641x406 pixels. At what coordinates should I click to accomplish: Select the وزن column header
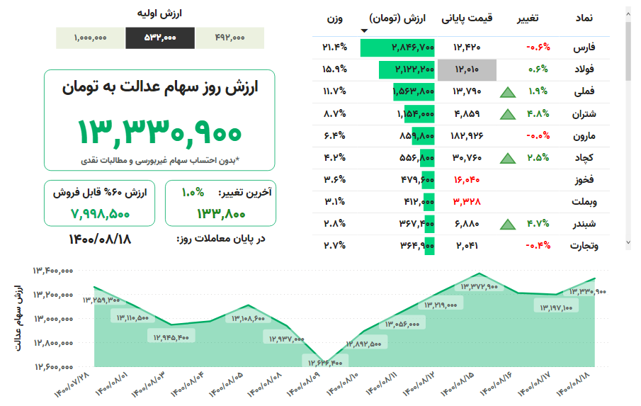pos(334,18)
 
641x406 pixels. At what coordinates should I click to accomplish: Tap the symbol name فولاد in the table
pos(584,69)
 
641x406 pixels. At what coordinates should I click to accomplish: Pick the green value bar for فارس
pos(397,47)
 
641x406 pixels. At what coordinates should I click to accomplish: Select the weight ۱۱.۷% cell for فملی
pos(334,91)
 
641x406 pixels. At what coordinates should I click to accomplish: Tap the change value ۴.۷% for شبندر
pos(538,224)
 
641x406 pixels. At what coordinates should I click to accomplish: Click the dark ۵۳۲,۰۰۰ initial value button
pos(160,38)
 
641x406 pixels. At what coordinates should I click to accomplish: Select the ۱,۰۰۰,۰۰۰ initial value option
pos(90,38)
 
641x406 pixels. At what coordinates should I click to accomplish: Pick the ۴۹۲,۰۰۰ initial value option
pos(229,38)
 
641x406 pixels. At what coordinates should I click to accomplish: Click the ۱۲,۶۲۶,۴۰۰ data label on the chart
pos(326,363)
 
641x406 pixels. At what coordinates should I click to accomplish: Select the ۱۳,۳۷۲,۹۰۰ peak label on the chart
pos(480,286)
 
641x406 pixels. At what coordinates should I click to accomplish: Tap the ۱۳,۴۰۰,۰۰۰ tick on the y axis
pos(53,270)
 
